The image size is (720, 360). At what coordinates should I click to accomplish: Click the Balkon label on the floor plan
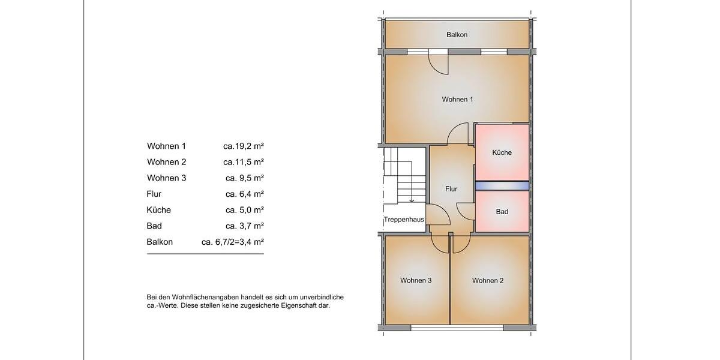457,35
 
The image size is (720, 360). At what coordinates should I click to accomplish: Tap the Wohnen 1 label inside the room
457,99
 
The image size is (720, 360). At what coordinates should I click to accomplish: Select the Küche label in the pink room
502,152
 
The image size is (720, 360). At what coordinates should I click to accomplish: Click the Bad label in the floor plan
502,212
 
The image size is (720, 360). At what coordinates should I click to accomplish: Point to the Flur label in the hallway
451,189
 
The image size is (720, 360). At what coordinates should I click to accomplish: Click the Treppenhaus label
404,220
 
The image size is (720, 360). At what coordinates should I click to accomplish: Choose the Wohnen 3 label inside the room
416,280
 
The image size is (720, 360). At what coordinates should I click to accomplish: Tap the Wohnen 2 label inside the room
487,280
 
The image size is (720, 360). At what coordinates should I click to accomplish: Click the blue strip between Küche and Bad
502,186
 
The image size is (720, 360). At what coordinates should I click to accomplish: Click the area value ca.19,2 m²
244,146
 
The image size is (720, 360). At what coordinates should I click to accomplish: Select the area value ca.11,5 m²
244,162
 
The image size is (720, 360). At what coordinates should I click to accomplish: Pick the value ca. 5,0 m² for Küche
245,210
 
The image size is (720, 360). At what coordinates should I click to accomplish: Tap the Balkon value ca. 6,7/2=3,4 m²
233,242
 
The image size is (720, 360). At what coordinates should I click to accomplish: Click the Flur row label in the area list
154,194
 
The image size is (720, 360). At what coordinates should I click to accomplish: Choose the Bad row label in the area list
154,226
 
